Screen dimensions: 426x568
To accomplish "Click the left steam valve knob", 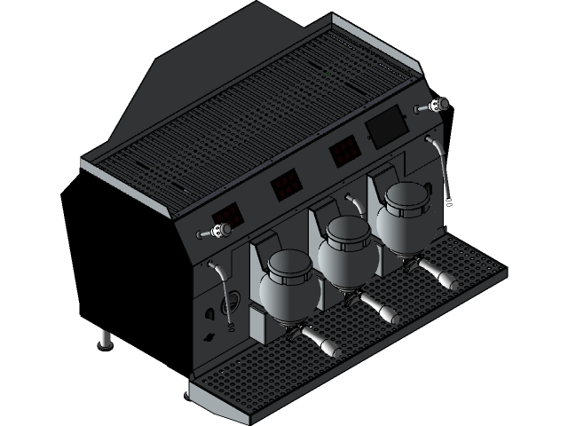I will pos(216,233).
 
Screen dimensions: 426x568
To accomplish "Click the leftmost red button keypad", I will pos(227,215).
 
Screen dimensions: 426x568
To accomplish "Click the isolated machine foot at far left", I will pos(105,339).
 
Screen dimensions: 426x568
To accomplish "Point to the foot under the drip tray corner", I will pos(187,389).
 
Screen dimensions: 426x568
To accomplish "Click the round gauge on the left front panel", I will pos(233,298).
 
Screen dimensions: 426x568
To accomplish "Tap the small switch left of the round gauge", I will pos(209,313).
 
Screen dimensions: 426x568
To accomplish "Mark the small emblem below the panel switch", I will pos(209,337).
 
